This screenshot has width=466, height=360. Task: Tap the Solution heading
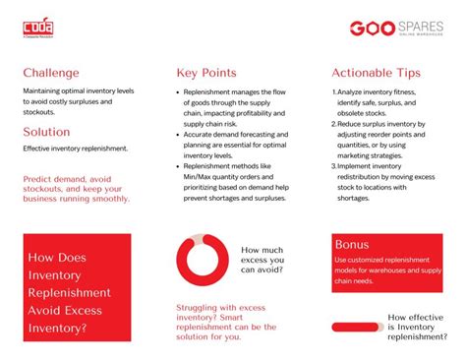pyautogui.click(x=46, y=132)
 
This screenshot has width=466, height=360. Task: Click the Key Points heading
pyautogui.click(x=206, y=73)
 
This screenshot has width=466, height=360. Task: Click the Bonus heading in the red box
pyautogui.click(x=351, y=244)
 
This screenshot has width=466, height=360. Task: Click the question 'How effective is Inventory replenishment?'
pyautogui.click(x=423, y=327)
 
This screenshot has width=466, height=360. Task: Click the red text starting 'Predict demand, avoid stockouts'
pyautogui.click(x=76, y=189)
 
